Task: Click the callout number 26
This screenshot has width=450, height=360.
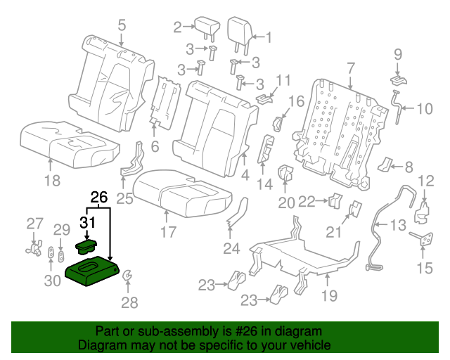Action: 99,198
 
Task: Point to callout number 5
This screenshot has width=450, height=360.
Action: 122,26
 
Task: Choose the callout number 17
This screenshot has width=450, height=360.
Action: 166,230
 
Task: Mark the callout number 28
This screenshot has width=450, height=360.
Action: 129,303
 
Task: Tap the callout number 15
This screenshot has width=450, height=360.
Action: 425,268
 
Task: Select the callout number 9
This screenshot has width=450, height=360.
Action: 397,53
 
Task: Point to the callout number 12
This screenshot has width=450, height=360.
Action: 426,181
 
